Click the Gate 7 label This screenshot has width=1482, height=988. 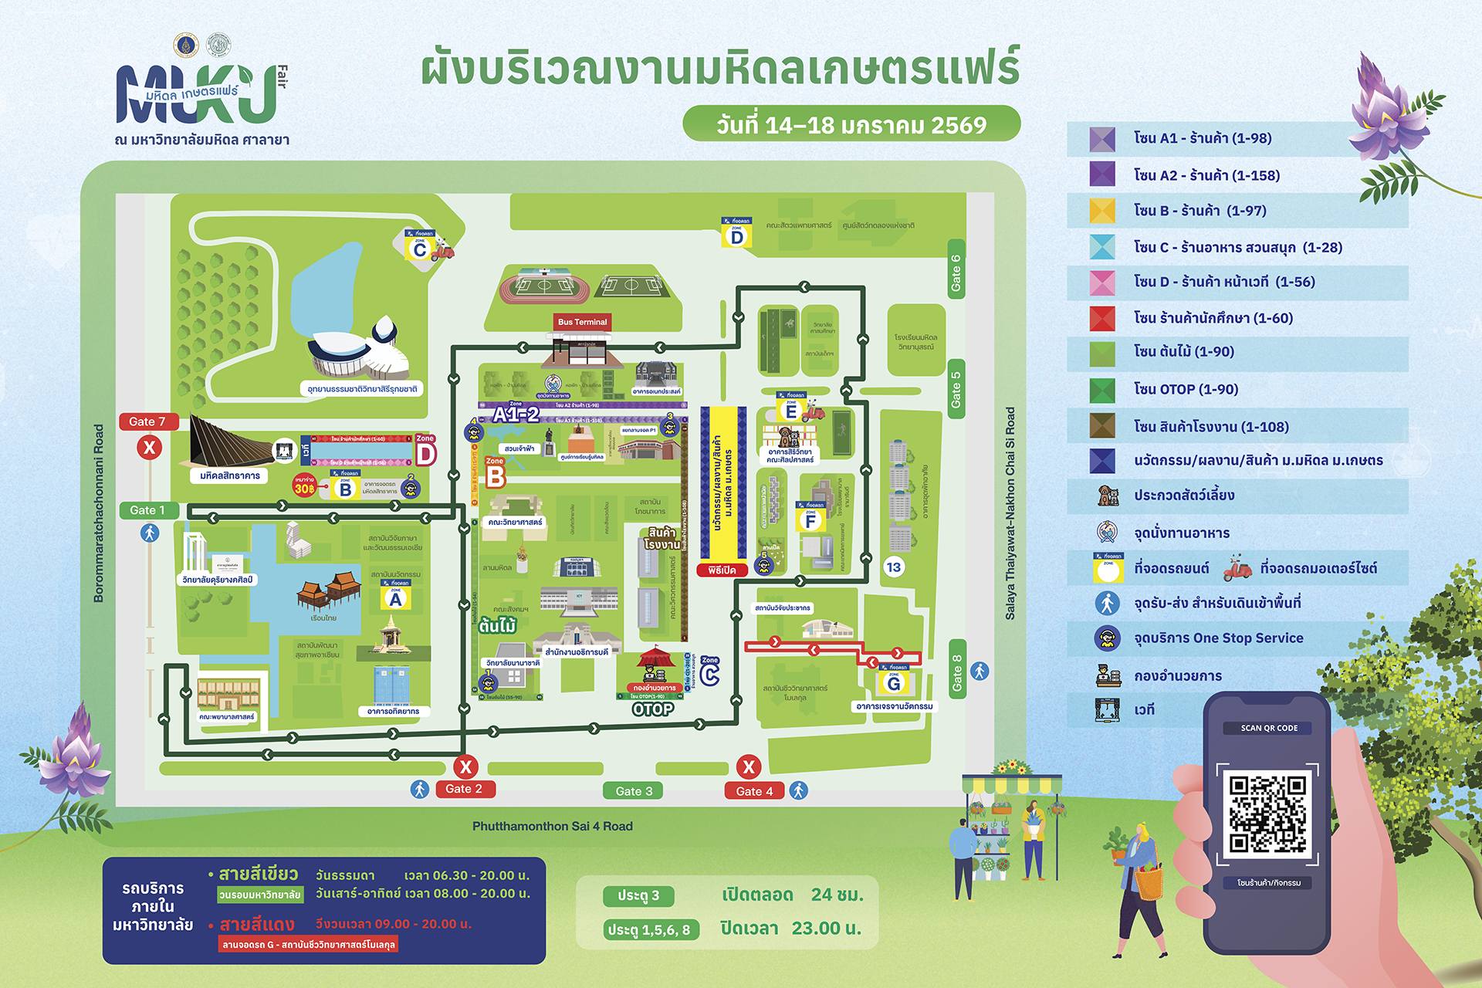pyautogui.click(x=148, y=421)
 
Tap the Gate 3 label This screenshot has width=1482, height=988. pyautogui.click(x=634, y=790)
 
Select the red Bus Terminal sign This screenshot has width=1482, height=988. pyautogui.click(x=582, y=322)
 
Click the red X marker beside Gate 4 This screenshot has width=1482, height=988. pyautogui.click(x=748, y=766)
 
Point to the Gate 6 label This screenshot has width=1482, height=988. pyautogui.click(x=956, y=273)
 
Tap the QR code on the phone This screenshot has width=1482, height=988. pyautogui.click(x=1267, y=814)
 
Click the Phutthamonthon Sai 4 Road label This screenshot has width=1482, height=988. pyautogui.click(x=552, y=826)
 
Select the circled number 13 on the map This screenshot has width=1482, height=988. pyautogui.click(x=893, y=567)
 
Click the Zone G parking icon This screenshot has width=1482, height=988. pyautogui.click(x=893, y=679)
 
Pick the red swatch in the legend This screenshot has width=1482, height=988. pyautogui.click(x=1102, y=318)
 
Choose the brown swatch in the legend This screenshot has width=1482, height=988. pyautogui.click(x=1102, y=426)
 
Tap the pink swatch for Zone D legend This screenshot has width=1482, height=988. pyautogui.click(x=1102, y=283)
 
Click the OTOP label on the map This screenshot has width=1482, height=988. pyautogui.click(x=652, y=709)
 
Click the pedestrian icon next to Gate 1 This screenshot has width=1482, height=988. pyautogui.click(x=149, y=533)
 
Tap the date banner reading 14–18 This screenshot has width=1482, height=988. pyautogui.click(x=851, y=124)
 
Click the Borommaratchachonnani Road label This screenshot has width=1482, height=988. pyautogui.click(x=99, y=513)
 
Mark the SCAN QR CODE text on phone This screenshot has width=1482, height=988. pyautogui.click(x=1269, y=728)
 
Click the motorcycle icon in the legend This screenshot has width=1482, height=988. pyautogui.click(x=1237, y=568)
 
